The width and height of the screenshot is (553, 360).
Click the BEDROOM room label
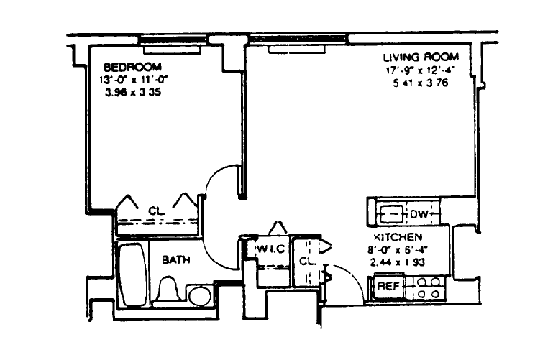[132, 67]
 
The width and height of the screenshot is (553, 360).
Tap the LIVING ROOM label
[421, 57]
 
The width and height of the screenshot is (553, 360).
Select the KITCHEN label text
[398, 236]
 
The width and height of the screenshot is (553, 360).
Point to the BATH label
[176, 260]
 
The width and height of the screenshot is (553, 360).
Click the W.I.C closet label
[271, 249]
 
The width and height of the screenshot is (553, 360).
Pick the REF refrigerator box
[388, 286]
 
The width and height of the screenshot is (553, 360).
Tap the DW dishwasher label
[419, 214]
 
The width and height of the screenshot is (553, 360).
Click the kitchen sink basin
[390, 213]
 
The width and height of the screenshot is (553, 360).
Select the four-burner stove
[428, 287]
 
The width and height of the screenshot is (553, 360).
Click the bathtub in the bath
[132, 274]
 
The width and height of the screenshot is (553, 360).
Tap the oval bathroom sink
[200, 296]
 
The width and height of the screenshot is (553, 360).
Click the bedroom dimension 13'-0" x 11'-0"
[133, 80]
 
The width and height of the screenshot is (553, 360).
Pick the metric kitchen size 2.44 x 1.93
[398, 262]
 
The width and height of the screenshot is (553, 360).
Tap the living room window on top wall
[297, 39]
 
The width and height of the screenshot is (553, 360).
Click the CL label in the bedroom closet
[156, 211]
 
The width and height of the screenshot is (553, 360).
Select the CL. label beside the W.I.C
[306, 262]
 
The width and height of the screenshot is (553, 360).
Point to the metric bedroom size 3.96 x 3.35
[133, 93]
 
